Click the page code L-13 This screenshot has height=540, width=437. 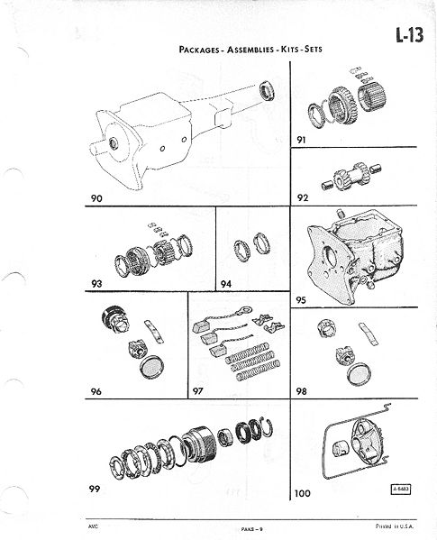point(409,35)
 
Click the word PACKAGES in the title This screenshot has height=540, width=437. point(199,50)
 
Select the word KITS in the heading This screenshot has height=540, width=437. point(290,49)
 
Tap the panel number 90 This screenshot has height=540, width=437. point(96,198)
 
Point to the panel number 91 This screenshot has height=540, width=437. point(301,140)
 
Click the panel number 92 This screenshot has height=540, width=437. point(303,197)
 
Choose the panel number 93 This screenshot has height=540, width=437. point(96,284)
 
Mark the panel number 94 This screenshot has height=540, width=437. point(226,284)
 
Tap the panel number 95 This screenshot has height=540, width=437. point(301,300)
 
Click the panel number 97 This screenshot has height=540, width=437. point(197,391)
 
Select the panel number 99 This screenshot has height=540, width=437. point(95,489)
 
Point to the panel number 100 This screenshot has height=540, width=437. point(303,493)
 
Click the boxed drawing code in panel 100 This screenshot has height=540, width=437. point(401,489)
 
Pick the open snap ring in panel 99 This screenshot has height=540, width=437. point(267,429)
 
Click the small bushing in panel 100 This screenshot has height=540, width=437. point(341,449)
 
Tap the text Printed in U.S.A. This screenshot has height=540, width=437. point(395,526)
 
